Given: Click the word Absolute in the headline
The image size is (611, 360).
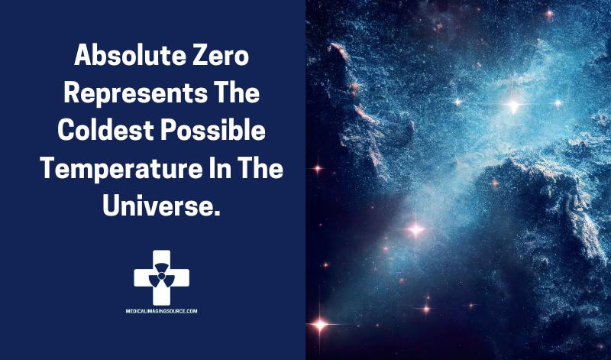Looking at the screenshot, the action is tap(130, 55).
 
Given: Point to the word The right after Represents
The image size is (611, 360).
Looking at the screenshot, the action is tap(237, 92).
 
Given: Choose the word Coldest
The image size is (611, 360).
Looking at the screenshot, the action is tap(106, 130).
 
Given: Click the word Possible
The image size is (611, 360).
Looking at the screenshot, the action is tap(213, 130).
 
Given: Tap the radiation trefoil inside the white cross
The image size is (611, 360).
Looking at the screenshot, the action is tap(162, 275).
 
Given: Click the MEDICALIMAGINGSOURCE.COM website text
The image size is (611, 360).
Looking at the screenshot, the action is tap(161, 311).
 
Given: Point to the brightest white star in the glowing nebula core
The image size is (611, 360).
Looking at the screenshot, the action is tap(513, 105).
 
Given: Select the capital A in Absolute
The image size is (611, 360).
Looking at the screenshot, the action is tap(83, 55).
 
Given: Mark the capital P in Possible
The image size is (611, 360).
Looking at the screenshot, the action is tap(169, 130).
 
